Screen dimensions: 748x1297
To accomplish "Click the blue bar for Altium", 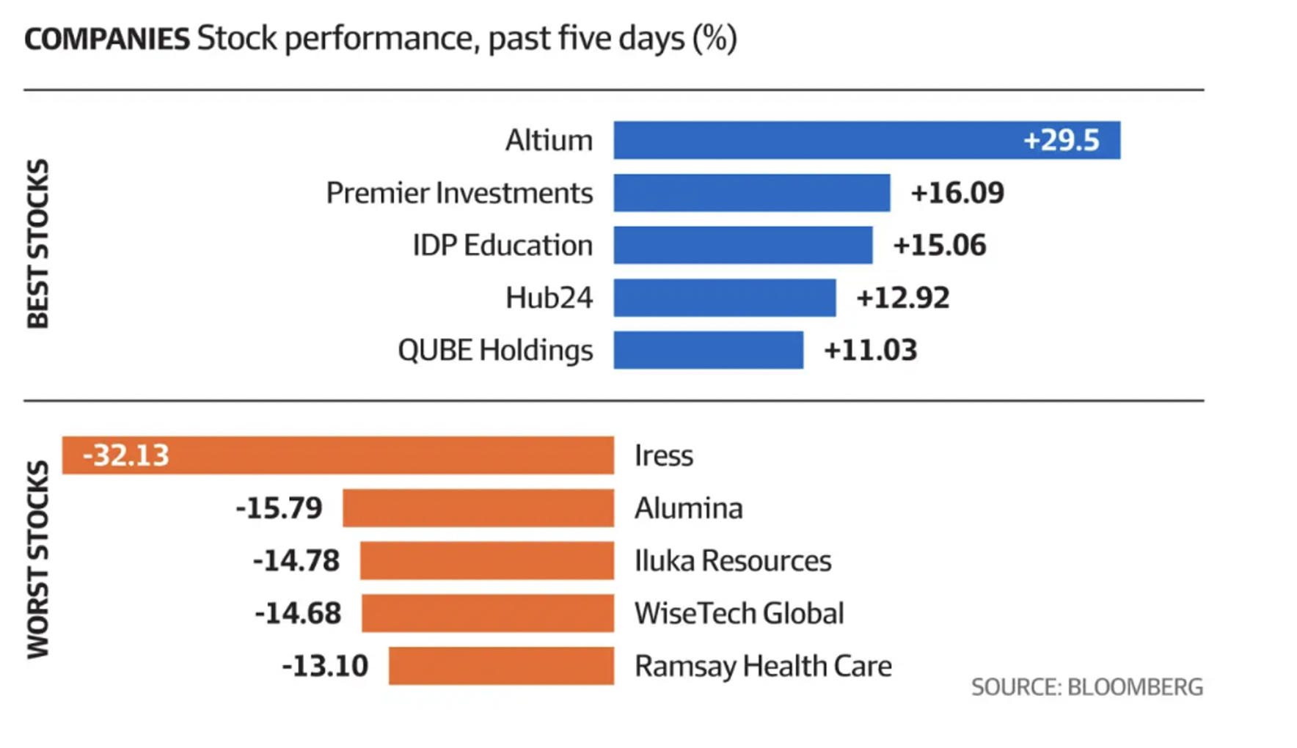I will click(807, 140).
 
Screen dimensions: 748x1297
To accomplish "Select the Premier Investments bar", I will click(752, 193).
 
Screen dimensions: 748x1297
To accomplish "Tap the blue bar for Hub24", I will click(725, 298).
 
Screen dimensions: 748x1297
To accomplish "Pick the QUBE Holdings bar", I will click(709, 351).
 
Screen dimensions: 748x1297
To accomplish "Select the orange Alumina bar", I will click(478, 508).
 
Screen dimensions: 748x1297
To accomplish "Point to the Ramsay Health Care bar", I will click(501, 666).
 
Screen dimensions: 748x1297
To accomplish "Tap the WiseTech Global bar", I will click(488, 613).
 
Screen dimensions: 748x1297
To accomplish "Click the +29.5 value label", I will click(1061, 140).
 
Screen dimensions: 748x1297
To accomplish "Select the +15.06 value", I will click(939, 246).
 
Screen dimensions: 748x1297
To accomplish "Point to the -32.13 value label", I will click(125, 455).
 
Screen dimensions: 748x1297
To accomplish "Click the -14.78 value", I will click(296, 561).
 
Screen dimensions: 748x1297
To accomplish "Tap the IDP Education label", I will click(503, 246).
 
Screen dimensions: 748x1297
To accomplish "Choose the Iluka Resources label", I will click(733, 561).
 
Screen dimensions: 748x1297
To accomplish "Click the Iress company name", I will click(663, 455).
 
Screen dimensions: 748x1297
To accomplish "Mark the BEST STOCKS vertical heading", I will click(37, 243).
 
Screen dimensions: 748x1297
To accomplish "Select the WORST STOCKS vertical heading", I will click(37, 560).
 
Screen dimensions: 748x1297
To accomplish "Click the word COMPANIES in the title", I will click(107, 39).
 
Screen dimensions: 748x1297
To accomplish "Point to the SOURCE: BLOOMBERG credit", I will click(1086, 687).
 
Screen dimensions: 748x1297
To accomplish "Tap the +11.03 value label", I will click(870, 351).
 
